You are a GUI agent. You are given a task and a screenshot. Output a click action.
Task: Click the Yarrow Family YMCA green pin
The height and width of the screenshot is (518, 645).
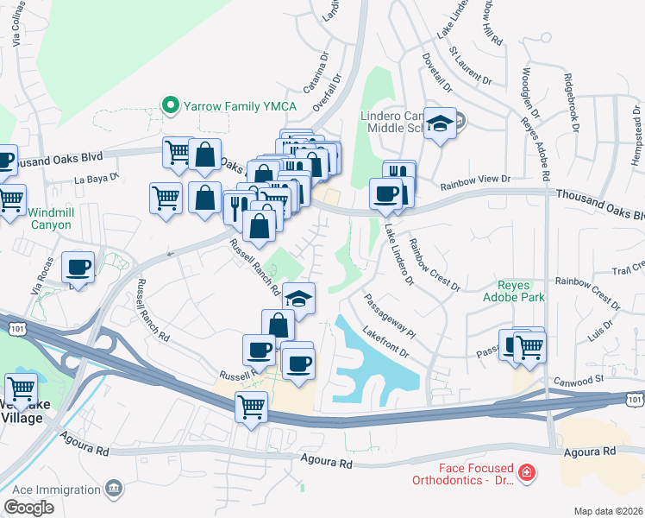coord(171,106)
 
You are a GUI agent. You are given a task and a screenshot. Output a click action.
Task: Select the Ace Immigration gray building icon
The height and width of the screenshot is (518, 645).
coord(113,490)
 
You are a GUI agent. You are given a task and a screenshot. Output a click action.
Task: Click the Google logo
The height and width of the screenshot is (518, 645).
coord(29,508)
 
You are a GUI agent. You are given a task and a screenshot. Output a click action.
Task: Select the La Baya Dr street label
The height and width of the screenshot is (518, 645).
coord(95,180)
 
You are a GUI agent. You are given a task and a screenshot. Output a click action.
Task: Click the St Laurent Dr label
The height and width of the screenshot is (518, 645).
coord(470,68)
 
